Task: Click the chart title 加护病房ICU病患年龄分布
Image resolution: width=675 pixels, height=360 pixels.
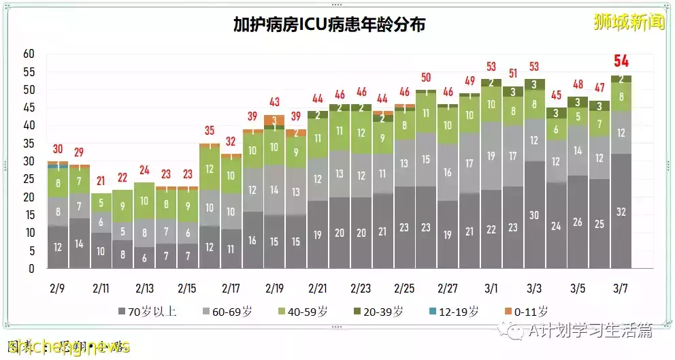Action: [x=329, y=25]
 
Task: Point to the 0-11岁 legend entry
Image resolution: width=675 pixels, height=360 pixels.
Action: [x=526, y=312]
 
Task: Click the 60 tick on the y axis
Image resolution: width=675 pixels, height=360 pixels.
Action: [x=29, y=54]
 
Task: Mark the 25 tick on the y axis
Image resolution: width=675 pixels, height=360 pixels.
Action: [x=29, y=180]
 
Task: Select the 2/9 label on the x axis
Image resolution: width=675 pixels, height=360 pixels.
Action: [x=58, y=288]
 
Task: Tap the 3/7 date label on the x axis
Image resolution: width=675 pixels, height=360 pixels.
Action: [x=621, y=288]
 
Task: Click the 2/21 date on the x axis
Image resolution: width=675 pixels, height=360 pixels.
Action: [x=317, y=288]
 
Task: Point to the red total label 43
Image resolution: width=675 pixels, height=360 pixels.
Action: [x=274, y=103]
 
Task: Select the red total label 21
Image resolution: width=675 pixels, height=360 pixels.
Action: [x=101, y=181]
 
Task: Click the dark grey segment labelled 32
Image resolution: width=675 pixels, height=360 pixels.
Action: [x=621, y=212]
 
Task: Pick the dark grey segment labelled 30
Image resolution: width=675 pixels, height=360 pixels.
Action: [x=534, y=215]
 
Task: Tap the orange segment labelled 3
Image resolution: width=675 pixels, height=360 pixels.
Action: [x=274, y=120]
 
